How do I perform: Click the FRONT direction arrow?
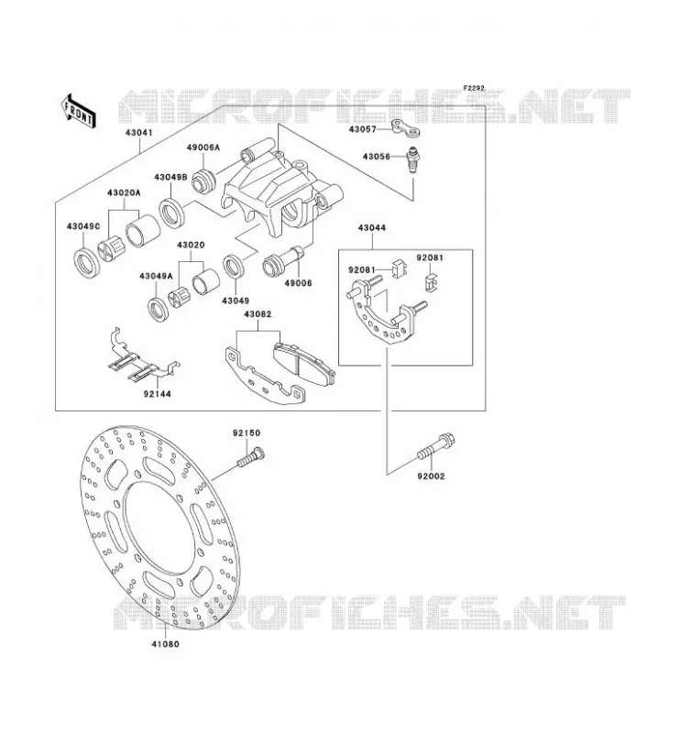click(79, 111)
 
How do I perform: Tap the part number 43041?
click(139, 133)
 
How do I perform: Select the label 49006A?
click(203, 148)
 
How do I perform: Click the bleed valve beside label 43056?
click(412, 160)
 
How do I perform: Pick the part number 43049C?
click(83, 226)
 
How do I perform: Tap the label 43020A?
click(124, 192)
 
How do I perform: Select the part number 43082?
click(258, 314)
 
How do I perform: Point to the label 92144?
click(157, 394)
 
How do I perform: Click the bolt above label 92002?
click(436, 447)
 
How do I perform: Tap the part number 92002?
click(432, 476)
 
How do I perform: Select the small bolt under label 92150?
click(251, 456)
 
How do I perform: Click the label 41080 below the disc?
click(165, 644)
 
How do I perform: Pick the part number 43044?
click(372, 228)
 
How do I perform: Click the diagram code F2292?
click(474, 88)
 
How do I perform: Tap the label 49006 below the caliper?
click(298, 283)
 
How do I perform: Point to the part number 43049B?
click(170, 178)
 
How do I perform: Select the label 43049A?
click(156, 277)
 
